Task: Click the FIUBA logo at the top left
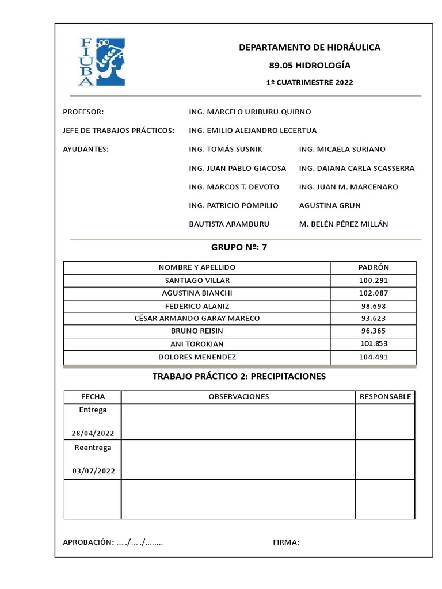102,62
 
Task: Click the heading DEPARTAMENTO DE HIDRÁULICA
310,48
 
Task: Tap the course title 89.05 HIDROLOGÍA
310,66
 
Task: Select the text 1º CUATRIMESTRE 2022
310,82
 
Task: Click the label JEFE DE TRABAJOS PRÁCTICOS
119,131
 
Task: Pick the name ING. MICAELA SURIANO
342,149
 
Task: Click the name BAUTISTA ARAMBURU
229,224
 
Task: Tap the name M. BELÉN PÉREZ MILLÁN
344,224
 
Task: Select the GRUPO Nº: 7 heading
239,248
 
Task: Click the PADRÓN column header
374,267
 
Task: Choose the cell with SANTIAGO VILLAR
197,280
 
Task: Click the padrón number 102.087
374,293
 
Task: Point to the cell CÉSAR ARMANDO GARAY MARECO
197,318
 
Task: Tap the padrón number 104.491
374,357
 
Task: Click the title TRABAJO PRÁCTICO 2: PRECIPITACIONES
239,377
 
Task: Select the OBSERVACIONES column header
238,397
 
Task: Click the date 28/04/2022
93,433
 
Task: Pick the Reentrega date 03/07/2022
93,471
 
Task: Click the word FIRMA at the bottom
285,542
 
